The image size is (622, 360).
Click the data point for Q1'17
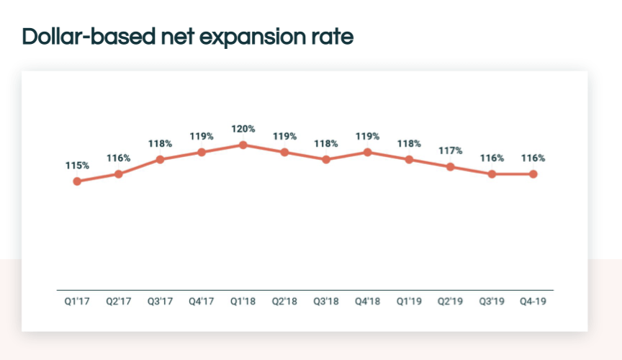click(76, 181)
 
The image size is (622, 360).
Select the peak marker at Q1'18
click(243, 145)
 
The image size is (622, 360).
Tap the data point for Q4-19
click(533, 174)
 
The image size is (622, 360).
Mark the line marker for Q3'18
click(325, 159)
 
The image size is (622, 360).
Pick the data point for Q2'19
click(450, 166)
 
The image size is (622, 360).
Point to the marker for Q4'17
click(202, 152)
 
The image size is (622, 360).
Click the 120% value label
click(243, 129)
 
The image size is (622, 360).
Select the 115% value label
click(76, 166)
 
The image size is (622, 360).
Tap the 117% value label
click(450, 150)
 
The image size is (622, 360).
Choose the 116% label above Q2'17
click(118, 158)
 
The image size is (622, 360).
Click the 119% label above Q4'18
click(367, 136)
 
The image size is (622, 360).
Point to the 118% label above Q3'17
click(160, 143)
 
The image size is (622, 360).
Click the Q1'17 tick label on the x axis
click(76, 302)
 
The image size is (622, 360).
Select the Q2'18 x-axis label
click(284, 302)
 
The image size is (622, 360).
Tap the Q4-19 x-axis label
click(533, 302)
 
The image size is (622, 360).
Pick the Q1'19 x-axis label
click(409, 302)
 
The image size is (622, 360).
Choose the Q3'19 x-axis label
click(492, 302)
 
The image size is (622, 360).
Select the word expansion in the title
click(249, 37)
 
